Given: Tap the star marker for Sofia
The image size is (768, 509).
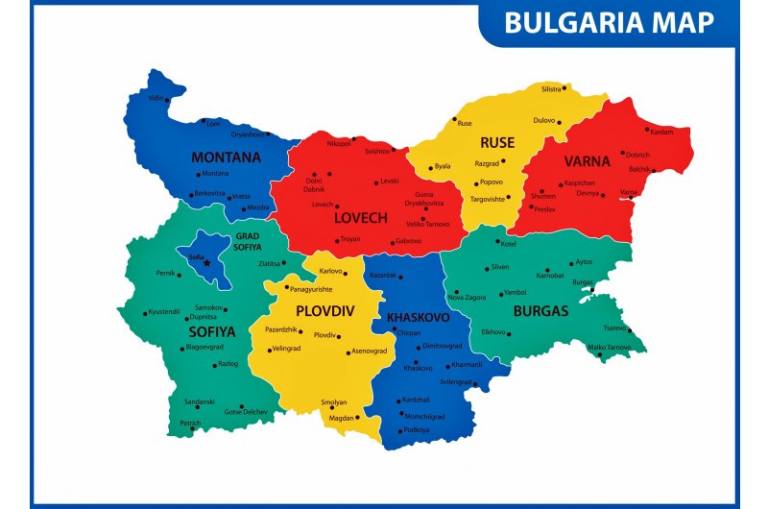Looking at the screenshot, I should [207, 263].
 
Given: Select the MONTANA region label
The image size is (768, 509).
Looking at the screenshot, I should [226, 158].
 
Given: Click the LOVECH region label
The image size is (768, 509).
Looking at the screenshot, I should [359, 218].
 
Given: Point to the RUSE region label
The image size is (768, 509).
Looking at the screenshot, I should [497, 142].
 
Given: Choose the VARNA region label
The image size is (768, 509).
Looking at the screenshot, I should [587, 161].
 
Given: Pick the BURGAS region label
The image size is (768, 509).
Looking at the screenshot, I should [540, 310].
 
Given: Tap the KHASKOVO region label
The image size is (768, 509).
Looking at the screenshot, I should [418, 317].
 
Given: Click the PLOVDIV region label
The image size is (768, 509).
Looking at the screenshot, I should [324, 310].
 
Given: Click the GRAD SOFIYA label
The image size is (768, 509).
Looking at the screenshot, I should [247, 241].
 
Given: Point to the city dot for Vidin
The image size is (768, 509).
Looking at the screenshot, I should [167, 99].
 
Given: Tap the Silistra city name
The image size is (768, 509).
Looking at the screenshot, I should [551, 88].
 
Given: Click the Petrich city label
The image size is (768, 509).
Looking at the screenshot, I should [190, 423].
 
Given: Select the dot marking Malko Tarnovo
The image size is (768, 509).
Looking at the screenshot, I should [601, 356].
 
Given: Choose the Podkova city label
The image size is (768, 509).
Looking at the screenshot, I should [417, 429].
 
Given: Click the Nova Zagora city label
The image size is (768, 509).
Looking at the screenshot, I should [468, 297].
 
